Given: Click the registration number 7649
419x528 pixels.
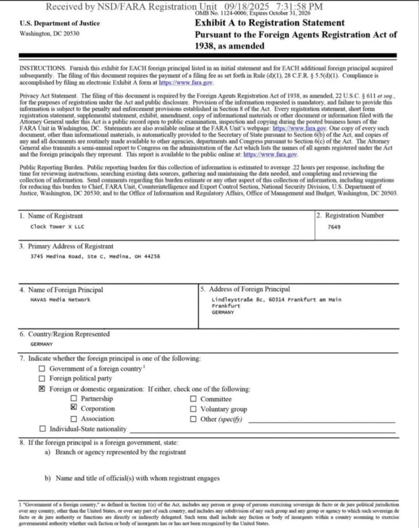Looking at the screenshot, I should point(334,227).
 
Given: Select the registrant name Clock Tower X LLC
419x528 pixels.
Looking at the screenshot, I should point(53,227).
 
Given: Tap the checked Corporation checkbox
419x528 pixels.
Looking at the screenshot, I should point(74,408).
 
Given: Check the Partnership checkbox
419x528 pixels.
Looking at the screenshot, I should point(74,399).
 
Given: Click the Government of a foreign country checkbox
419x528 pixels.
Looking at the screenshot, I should point(42,369).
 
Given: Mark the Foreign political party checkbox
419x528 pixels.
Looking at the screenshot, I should point(42,378).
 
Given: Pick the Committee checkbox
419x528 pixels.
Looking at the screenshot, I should point(193,399).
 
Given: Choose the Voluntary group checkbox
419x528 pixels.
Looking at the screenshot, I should point(193,409).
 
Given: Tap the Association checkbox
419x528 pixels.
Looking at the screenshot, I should point(74,419).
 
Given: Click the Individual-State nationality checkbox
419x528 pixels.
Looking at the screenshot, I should point(42,428).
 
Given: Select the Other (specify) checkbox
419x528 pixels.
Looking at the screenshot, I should point(193,419).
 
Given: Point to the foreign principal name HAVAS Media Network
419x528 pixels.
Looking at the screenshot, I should point(60,300).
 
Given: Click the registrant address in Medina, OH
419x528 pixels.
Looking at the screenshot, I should point(95,256).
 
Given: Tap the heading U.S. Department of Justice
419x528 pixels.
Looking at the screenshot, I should point(59,23).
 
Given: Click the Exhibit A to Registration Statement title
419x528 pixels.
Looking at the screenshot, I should point(269,23).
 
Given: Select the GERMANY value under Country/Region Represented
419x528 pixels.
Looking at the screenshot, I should point(41,343).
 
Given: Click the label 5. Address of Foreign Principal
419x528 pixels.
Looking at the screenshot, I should point(245,289).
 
